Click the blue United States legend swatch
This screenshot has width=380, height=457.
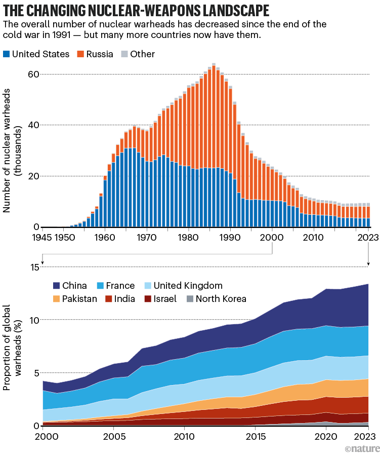(x=6, y=54)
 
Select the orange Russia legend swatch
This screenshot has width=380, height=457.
(x=80, y=54)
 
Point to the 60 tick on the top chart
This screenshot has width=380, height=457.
(x=33, y=74)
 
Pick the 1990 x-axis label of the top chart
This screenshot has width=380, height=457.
(x=230, y=237)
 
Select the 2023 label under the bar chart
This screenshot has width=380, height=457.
(x=368, y=237)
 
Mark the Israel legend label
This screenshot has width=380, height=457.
(x=164, y=298)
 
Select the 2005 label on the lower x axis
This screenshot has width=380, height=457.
(x=113, y=436)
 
